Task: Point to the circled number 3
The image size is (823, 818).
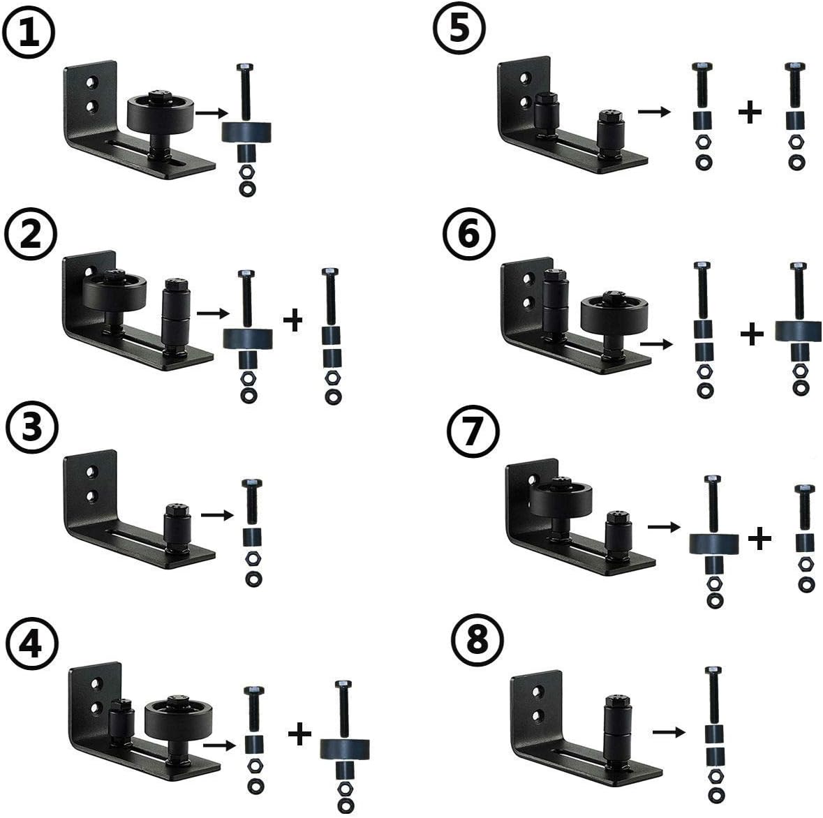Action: (31, 428)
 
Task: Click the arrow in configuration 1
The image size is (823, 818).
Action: (212, 112)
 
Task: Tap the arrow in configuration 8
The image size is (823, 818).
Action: (669, 732)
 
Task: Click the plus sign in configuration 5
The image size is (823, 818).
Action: (750, 112)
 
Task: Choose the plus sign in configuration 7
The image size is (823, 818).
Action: (759, 538)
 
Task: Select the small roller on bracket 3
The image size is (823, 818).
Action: (177, 527)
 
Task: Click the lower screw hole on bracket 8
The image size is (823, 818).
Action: (536, 715)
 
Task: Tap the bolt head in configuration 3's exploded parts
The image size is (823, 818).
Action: (252, 483)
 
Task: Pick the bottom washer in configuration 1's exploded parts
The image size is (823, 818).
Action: (247, 188)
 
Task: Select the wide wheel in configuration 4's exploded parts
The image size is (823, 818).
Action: (344, 750)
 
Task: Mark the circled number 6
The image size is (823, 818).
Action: (468, 234)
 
